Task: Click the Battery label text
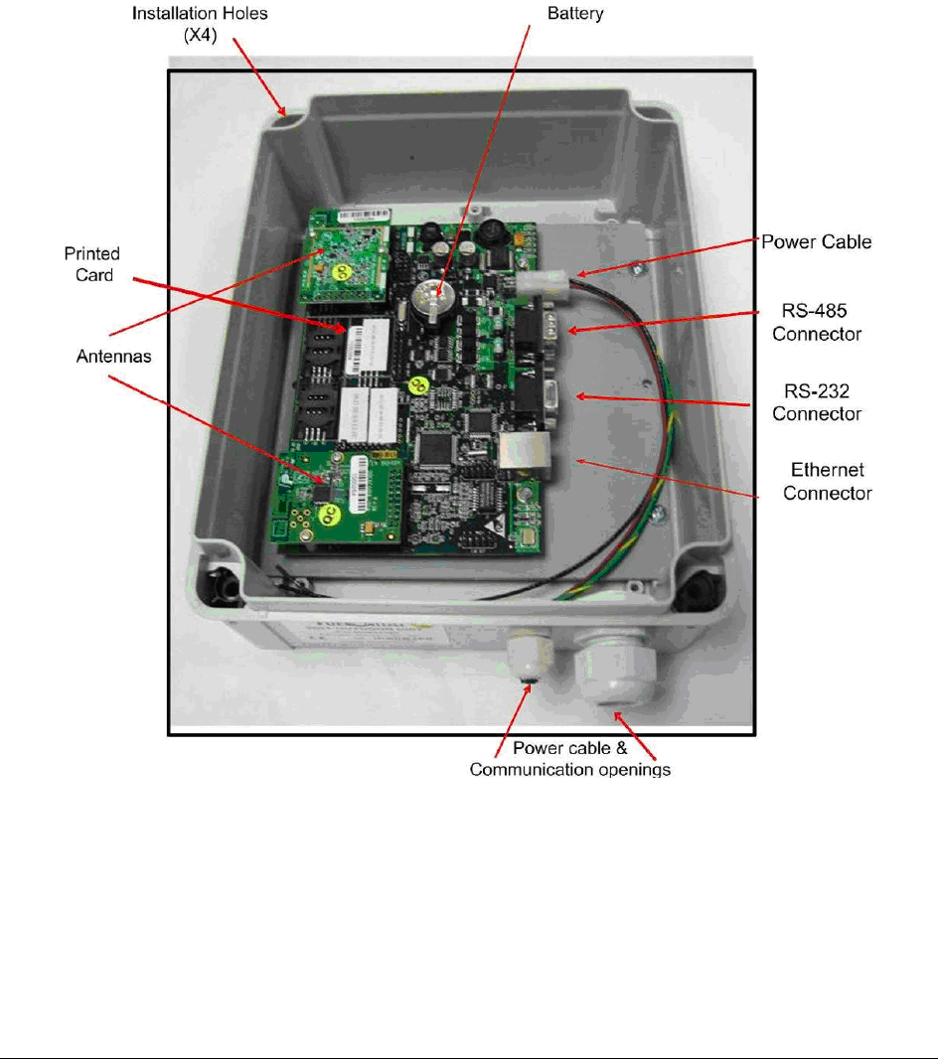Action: (575, 15)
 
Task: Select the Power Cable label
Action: (816, 241)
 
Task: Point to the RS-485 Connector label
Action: (816, 322)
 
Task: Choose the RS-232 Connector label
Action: (816, 401)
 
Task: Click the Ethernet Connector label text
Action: (827, 481)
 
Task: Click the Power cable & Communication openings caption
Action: (569, 760)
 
